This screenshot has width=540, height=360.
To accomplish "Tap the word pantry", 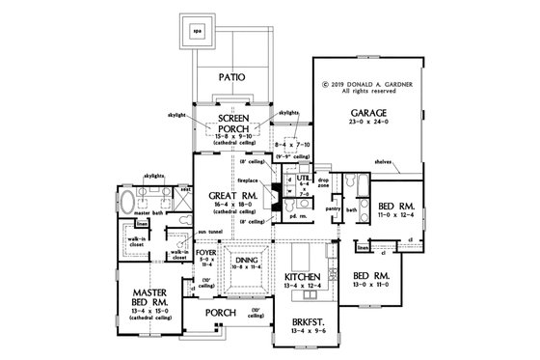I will coord(333,207).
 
